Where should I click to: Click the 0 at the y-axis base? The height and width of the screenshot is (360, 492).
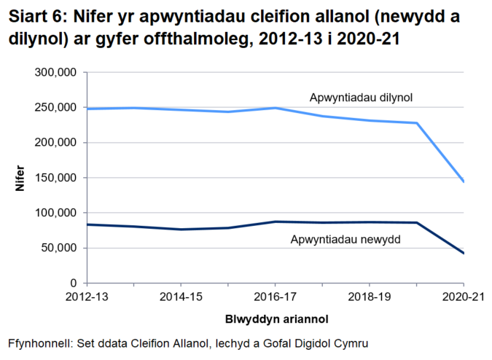[x=74, y=283]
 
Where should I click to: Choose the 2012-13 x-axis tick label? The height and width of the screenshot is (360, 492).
[x=87, y=297]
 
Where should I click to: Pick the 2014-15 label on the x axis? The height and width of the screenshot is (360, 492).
[x=181, y=297]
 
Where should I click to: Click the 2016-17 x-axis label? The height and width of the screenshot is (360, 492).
[x=275, y=297]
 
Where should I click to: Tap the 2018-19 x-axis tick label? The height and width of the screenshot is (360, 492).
[x=369, y=297]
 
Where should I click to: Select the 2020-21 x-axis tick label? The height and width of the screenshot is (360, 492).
[x=463, y=297]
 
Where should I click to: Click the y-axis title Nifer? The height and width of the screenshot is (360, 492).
[x=21, y=178]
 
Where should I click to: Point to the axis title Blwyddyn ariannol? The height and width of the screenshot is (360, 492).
[x=275, y=318]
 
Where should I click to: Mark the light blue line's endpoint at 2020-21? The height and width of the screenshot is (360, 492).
[x=463, y=181]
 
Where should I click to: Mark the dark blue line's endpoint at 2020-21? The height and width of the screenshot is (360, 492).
[x=463, y=253]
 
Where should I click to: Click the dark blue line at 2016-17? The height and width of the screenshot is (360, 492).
[x=275, y=222]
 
